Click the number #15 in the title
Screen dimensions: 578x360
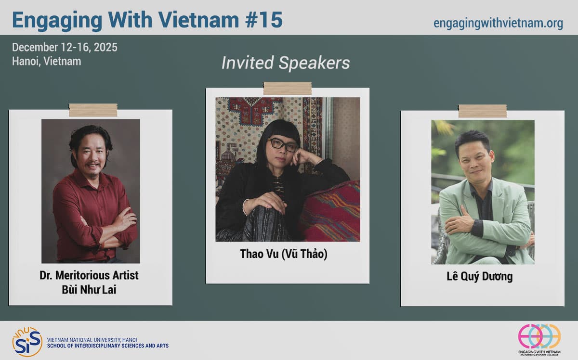(263, 20)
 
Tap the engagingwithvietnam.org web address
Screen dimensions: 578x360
(498, 24)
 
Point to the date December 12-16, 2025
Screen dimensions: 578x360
(65, 48)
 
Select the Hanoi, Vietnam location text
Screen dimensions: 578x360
(46, 62)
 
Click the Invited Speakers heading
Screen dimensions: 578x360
(285, 63)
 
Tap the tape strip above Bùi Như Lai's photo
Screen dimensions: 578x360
(93, 110)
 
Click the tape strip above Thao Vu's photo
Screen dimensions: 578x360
(288, 89)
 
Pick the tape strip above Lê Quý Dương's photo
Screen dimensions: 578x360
(483, 111)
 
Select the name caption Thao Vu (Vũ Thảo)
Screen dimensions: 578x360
(284, 254)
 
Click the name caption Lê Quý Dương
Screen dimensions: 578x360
(480, 276)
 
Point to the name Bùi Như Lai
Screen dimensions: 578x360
(89, 290)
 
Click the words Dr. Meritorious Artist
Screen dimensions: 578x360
(89, 275)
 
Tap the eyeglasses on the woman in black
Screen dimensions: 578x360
(283, 145)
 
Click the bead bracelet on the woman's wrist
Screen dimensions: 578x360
(244, 207)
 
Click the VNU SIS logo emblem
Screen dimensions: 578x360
(27, 342)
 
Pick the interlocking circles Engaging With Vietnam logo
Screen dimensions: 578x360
(539, 336)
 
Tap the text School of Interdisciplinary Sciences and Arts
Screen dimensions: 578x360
(107, 346)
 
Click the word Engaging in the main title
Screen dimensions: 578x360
(57, 21)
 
